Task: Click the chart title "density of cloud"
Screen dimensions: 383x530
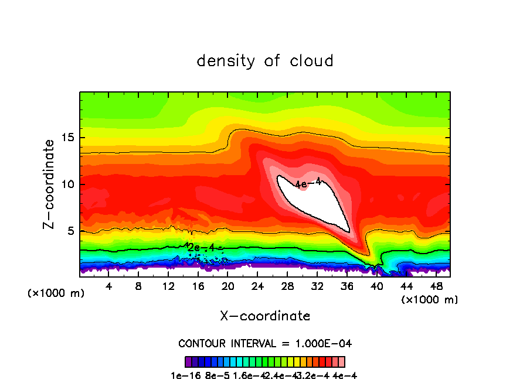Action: pos(265,60)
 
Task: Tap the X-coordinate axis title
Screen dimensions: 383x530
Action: pos(265,316)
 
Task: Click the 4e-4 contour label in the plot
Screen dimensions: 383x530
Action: pos(308,183)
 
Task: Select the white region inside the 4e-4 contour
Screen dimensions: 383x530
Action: pos(314,205)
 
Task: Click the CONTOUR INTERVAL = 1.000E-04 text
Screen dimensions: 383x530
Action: pos(265,343)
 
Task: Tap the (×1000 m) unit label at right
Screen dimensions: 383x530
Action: pos(430,300)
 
